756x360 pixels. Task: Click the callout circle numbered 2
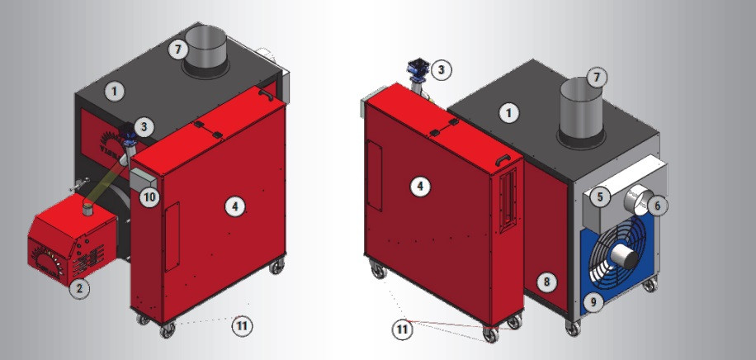79,289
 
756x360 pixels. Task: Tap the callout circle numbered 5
600,197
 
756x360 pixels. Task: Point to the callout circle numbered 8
546,282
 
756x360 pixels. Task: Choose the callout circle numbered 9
593,302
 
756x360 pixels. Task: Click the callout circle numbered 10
149,197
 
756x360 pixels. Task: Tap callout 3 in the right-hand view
442,70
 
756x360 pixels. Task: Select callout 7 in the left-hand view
178,50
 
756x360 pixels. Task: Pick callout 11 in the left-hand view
242,326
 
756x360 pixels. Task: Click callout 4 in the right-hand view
420,187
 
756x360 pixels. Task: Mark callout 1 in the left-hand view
114,91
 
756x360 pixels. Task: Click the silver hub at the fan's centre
625,255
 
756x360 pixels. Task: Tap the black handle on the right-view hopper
502,159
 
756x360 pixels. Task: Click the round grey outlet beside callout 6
637,199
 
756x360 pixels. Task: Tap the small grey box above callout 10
144,178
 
